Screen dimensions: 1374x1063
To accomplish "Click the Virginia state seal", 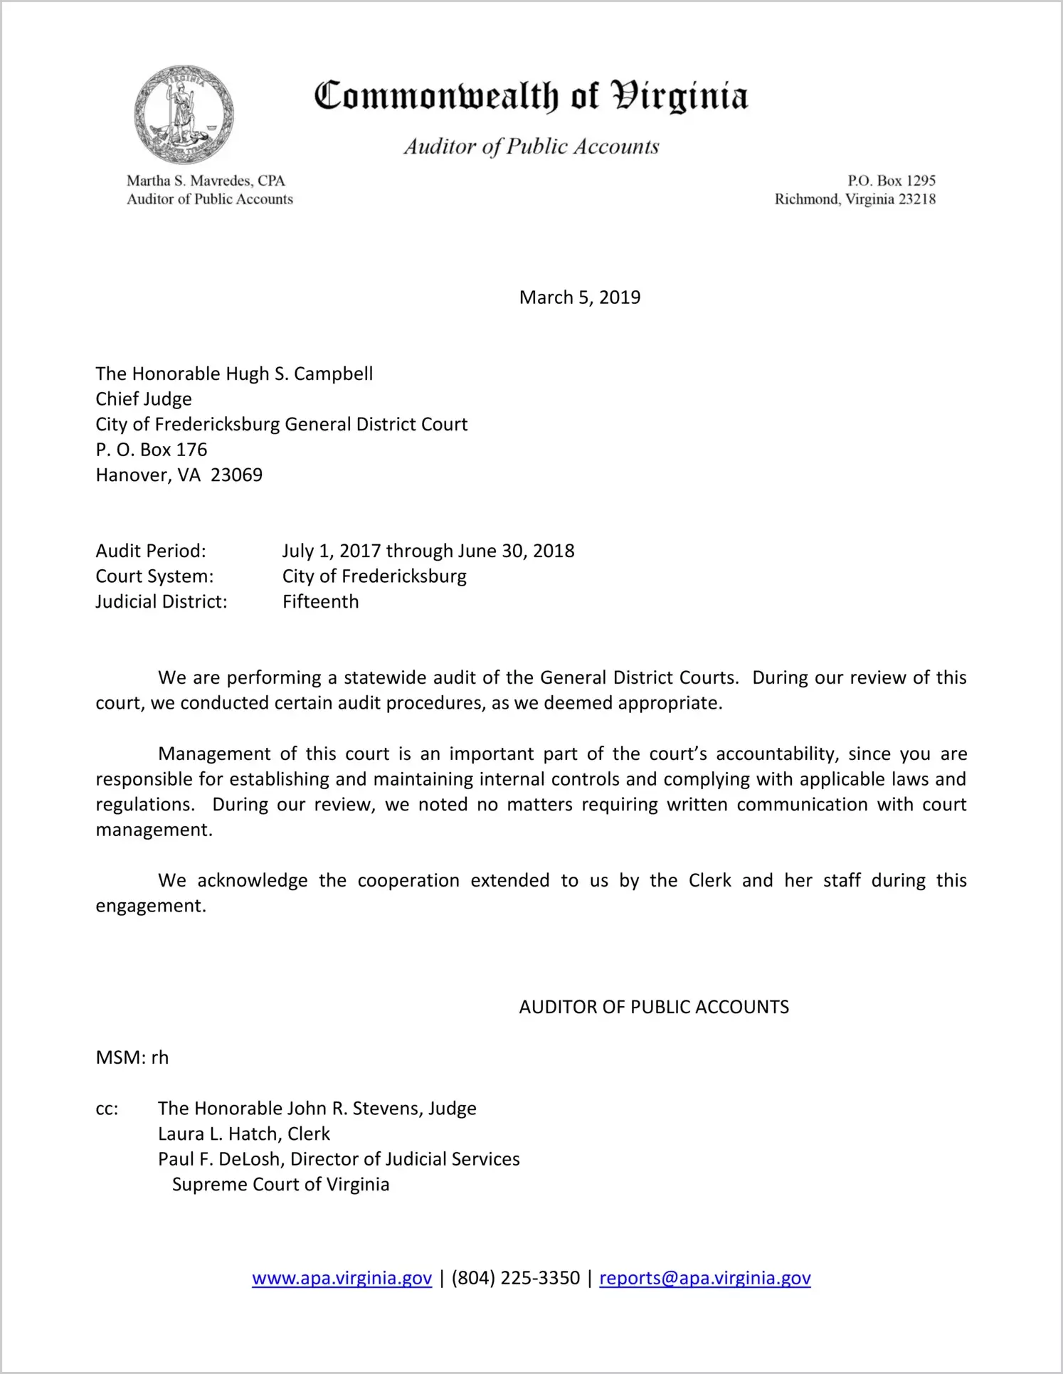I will pos(184,115).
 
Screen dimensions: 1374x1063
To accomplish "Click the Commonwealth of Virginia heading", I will pos(531,96).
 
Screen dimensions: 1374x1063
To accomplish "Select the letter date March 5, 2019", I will pos(579,297).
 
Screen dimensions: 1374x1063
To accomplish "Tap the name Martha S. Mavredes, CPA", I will pos(206,181).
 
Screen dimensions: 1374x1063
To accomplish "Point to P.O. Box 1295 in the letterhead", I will pos(891,181).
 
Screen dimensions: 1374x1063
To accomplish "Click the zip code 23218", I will pos(917,199).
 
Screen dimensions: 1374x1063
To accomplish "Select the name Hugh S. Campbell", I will pos(299,374).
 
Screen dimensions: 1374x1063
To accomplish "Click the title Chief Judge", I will pos(144,399).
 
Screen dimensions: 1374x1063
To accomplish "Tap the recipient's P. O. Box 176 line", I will pos(152,450).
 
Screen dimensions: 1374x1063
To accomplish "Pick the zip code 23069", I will pos(236,475).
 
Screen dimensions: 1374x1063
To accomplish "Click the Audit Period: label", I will pos(151,551).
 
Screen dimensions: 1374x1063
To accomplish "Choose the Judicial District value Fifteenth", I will pos(320,602).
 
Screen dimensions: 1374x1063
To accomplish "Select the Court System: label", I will pos(154,576).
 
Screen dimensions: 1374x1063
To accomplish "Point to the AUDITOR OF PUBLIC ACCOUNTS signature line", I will pos(654,1007).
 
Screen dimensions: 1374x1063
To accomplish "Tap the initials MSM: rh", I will pos(132,1057).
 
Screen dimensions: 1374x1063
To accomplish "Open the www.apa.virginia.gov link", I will pos(342,1278).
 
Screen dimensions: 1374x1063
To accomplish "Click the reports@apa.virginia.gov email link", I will pos(704,1278).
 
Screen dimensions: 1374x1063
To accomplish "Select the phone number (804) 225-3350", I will pos(515,1278).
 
